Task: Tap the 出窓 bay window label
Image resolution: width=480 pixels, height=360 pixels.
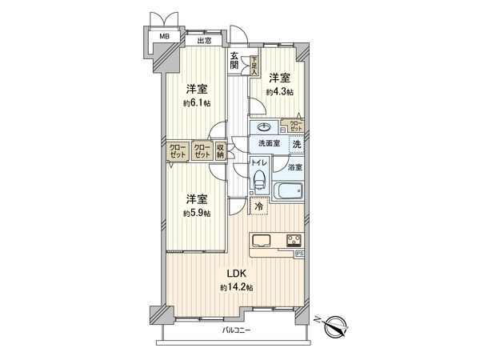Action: point(204,40)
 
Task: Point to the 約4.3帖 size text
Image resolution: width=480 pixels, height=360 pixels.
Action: point(280,92)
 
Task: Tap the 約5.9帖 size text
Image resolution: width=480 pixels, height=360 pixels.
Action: point(197,214)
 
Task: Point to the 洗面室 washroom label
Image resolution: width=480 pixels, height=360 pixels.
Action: point(268,143)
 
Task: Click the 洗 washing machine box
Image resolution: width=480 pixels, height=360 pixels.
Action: point(296,144)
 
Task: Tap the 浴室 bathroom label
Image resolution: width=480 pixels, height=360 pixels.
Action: point(295,167)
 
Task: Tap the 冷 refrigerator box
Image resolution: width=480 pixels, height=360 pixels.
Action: point(258,206)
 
